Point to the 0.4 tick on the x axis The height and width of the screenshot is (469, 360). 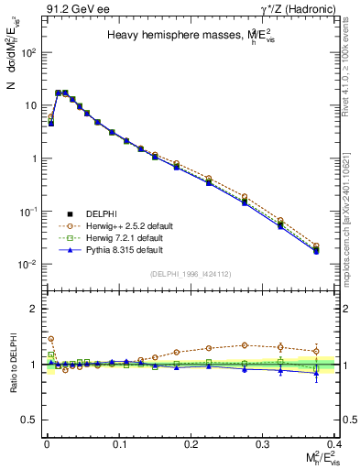(x=335, y=442)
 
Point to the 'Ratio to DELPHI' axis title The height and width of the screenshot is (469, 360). (x=12, y=365)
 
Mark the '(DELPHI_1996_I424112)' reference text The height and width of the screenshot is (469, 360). (x=190, y=273)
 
